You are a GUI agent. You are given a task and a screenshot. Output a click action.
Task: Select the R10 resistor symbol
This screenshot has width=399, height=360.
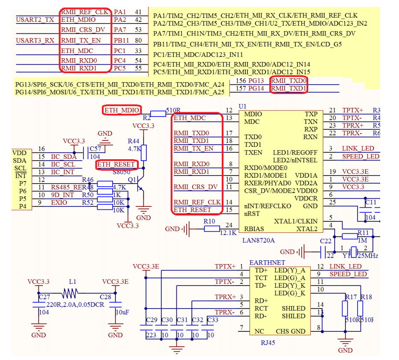coord(211,229)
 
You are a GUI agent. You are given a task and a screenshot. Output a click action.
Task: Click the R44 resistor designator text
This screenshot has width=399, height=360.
coord(134,141)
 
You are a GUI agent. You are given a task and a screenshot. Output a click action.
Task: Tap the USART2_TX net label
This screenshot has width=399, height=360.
coord(35,20)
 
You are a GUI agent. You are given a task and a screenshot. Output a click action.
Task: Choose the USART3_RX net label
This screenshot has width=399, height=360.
coord(35,40)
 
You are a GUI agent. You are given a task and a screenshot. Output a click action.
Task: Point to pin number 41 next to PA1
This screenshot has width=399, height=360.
coord(138,12)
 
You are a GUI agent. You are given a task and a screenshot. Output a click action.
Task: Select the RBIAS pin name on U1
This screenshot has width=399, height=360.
coord(254,229)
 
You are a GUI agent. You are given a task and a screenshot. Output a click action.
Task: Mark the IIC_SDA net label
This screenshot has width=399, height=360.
coord(63,157)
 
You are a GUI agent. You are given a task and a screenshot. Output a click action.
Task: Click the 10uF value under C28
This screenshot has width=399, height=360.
coord(122,312)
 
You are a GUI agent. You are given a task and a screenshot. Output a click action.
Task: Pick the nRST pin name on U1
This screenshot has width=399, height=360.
coord(251,213)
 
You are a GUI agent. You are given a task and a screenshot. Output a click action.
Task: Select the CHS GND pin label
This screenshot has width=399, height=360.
coord(291,331)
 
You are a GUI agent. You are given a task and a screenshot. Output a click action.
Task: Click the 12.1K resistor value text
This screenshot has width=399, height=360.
coord(228,233)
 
